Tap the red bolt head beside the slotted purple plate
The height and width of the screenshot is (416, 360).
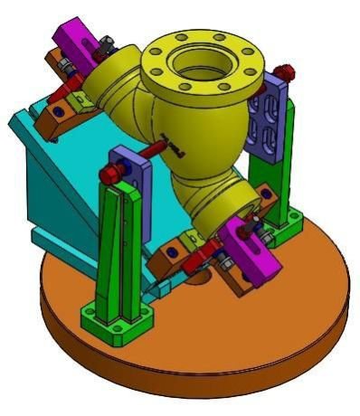point(287,71)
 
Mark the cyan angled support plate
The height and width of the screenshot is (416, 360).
point(54,181)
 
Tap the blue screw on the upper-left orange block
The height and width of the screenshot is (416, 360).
point(60,109)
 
